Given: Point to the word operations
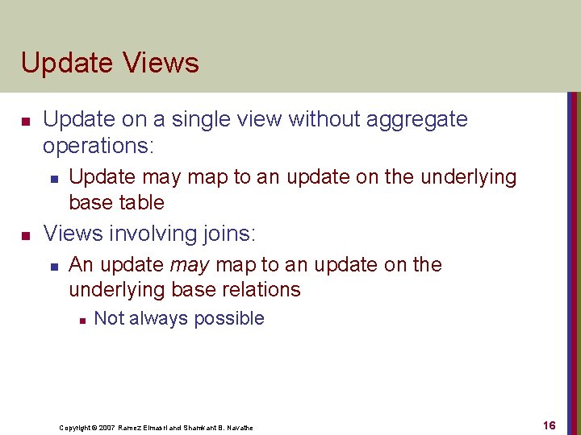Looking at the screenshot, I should pos(98,145).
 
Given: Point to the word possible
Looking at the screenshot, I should pos(232,318).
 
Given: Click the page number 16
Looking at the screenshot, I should pos(549,425).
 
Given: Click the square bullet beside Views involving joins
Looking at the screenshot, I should pos(26,235).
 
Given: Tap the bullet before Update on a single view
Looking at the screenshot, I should pos(26,121).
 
